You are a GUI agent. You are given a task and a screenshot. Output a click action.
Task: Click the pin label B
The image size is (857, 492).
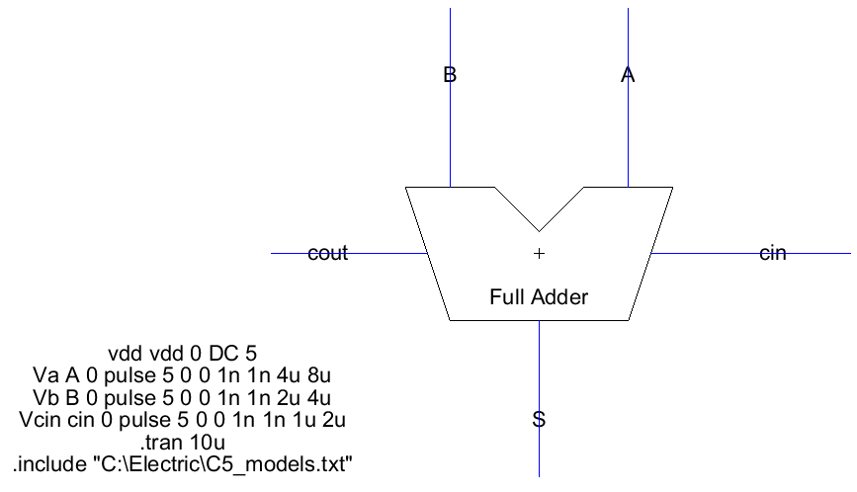(450, 74)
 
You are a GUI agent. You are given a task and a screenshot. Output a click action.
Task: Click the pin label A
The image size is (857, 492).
(627, 74)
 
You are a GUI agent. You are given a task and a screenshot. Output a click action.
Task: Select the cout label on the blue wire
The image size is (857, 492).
(328, 254)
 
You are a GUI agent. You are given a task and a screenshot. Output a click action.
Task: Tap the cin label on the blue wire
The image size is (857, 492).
(772, 254)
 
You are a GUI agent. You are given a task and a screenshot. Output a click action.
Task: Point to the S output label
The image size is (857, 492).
(539, 419)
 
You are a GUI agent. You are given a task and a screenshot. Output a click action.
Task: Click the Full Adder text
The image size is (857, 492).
(539, 296)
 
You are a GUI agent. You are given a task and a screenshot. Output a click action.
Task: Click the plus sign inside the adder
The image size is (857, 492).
(539, 254)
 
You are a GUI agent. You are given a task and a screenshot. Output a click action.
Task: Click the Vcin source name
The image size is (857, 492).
(41, 420)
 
